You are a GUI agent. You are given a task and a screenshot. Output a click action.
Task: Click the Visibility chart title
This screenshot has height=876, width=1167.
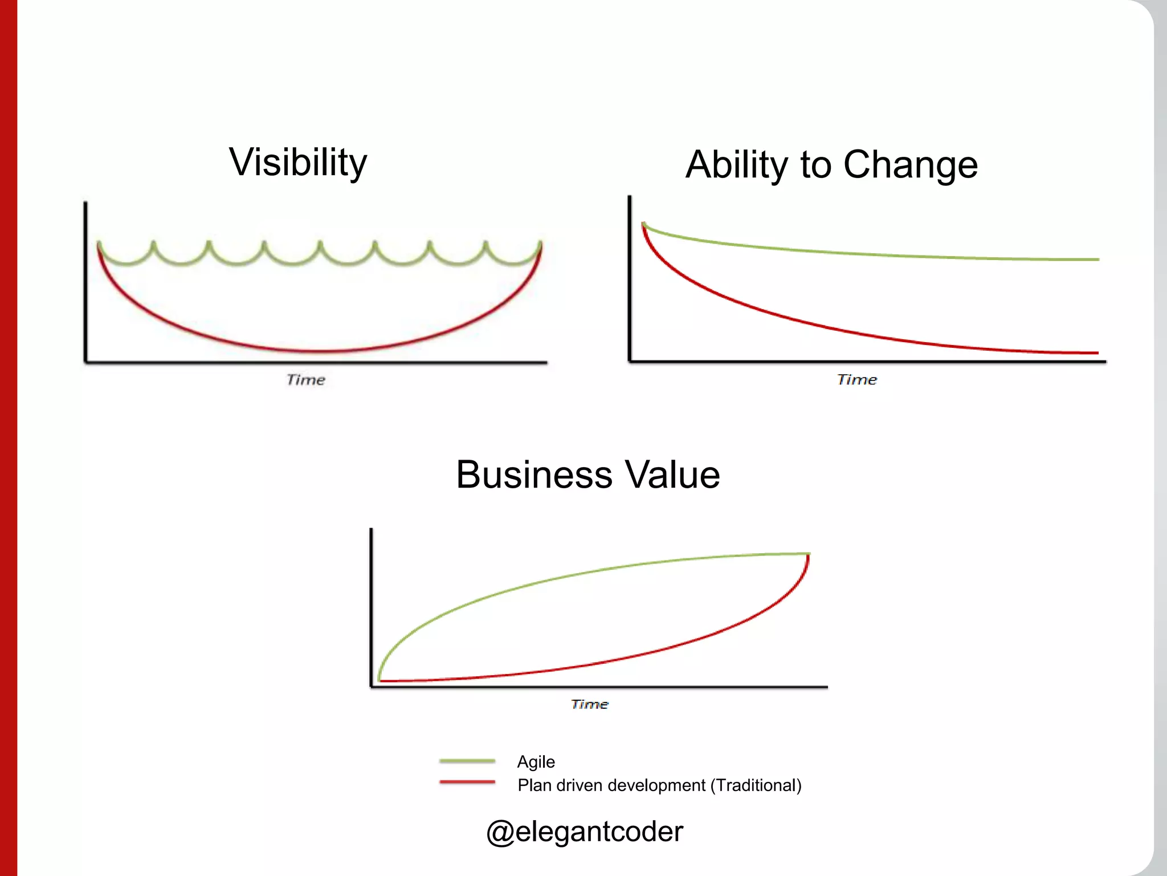[298, 163]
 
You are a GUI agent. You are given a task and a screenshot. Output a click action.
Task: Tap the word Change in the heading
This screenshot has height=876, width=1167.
[910, 164]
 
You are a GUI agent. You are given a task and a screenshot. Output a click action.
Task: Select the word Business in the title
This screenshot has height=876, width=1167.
[534, 474]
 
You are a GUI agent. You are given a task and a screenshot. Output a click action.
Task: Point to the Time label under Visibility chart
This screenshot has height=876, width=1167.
[305, 380]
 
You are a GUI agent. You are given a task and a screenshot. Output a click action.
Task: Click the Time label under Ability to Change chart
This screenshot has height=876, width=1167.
[856, 380]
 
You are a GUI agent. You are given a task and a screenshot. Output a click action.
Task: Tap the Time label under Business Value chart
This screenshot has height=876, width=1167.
[589, 704]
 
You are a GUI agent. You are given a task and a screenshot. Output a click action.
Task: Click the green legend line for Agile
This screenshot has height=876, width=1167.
[467, 761]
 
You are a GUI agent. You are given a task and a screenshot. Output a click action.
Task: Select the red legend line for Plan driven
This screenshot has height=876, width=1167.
[467, 782]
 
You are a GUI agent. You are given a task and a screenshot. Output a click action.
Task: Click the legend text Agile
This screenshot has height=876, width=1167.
[536, 762]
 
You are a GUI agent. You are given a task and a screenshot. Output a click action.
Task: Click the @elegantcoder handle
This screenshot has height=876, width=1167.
[584, 832]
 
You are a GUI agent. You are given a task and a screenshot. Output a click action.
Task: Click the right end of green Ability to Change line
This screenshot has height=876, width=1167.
[1097, 259]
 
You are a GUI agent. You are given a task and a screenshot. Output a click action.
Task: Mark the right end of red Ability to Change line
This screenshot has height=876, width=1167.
[1097, 353]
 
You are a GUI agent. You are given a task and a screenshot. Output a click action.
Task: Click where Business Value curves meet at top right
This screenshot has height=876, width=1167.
[808, 554]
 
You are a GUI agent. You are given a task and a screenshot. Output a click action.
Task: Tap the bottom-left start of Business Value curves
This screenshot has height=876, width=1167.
[380, 680]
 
